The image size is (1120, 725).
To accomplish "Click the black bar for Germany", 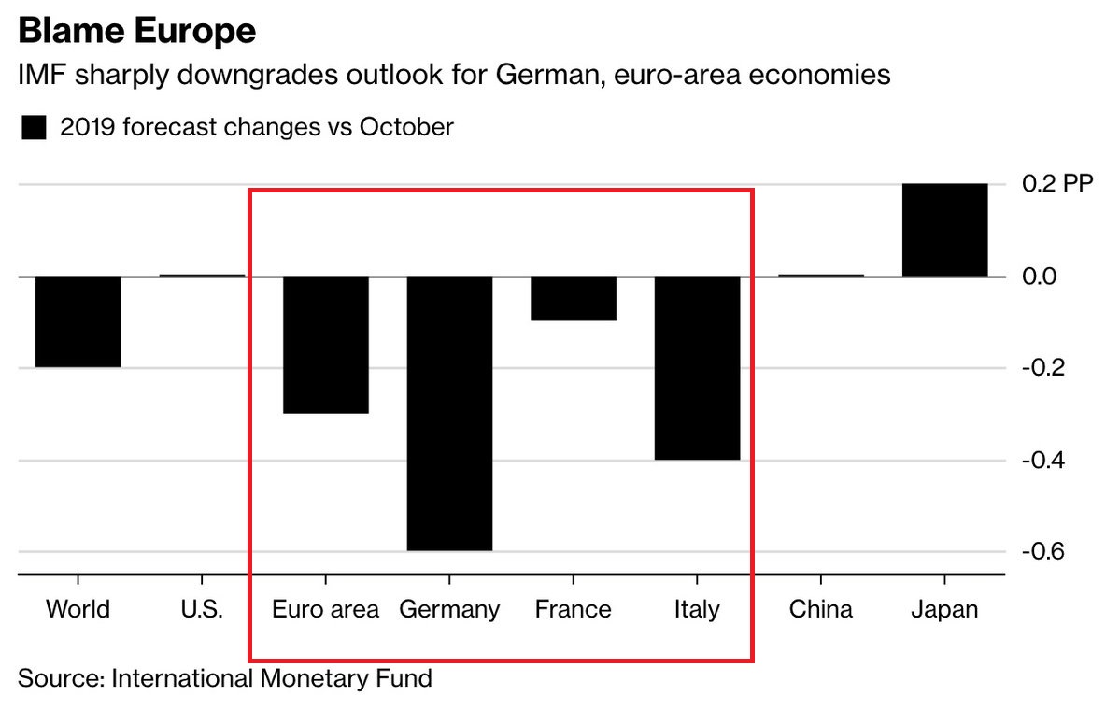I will coord(449,413).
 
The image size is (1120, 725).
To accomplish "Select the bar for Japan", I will coord(944,230).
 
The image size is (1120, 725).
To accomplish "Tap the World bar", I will coord(78,321).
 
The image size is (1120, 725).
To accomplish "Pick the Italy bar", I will coord(697,367).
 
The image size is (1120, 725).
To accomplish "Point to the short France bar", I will coord(574,298).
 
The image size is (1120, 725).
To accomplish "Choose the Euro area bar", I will coord(326,345).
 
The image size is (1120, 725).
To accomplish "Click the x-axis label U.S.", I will coord(202,610).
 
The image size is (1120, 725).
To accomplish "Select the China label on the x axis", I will coord(820,610).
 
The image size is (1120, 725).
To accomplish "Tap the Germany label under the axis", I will coord(449,610).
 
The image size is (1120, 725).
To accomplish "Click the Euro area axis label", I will coord(326,610).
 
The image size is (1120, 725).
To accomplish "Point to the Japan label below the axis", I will coord(944,610).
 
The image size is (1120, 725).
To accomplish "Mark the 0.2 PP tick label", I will coord(1056,184).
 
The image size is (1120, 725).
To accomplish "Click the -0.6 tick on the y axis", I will coord(1044,551).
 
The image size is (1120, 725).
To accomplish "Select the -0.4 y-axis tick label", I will coord(1044,460).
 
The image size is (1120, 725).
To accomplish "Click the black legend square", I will coord(34,128).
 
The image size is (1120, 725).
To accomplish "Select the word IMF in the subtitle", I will coord(40,76).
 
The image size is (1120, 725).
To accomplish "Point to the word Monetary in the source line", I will coord(313,677).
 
